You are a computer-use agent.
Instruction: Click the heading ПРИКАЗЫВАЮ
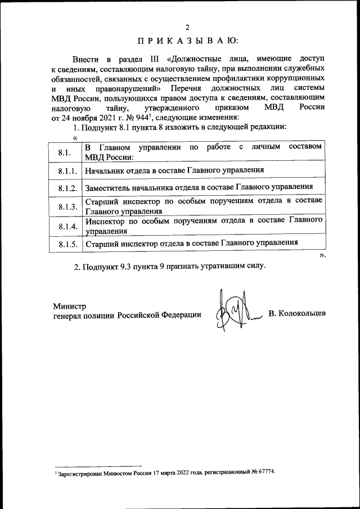click(x=187, y=40)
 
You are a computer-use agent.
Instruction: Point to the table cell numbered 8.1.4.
click(x=66, y=226)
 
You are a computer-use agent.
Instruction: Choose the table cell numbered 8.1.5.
click(x=66, y=245)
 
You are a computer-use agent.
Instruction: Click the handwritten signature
click(x=233, y=313)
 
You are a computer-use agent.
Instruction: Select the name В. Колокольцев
click(x=296, y=313)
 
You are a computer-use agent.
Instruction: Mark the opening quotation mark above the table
click(x=74, y=138)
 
